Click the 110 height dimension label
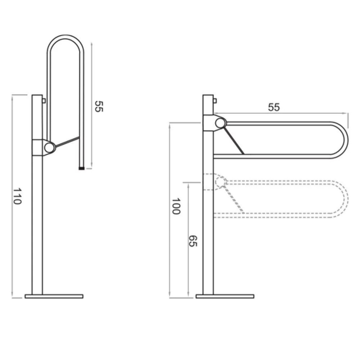tap(17, 196)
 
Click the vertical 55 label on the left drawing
tap(99, 106)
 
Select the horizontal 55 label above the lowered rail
tap(274, 107)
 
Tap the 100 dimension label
tap(176, 206)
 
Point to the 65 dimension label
tap(193, 241)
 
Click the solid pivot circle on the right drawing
tap(220, 123)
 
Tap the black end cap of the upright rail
tap(81, 168)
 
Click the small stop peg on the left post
tap(44, 100)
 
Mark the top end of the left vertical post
tap(37, 95)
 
